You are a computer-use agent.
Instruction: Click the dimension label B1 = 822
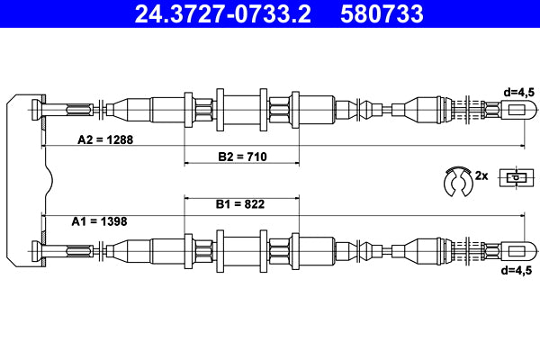point(239,204)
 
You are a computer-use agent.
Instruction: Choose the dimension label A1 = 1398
point(99,220)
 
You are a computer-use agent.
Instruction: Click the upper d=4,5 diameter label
point(520,91)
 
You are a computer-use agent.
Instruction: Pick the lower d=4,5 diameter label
point(520,268)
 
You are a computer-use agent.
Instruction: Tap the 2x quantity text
point(481,176)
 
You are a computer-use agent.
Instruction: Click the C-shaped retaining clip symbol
point(458,180)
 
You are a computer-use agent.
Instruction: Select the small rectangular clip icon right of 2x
point(514,177)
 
